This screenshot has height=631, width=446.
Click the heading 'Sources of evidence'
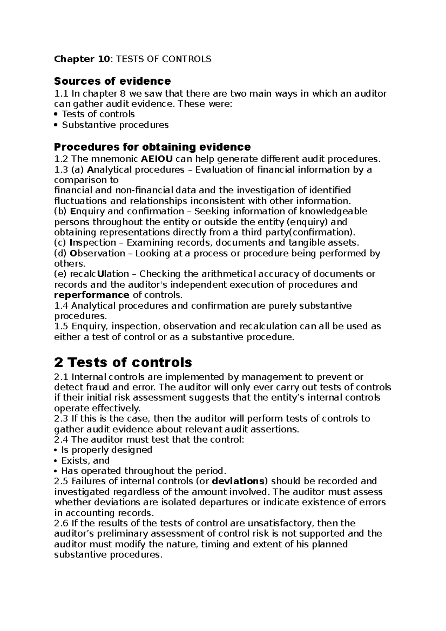tap(112, 81)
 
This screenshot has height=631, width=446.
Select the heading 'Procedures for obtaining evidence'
tap(152, 147)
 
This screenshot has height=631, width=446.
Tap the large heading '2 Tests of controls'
tap(123, 362)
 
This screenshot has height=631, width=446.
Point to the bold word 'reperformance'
tap(91, 295)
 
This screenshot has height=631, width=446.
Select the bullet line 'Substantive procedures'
tap(115, 125)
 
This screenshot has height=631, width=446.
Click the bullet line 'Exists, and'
tap(85, 460)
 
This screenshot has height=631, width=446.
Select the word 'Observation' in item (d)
tap(97, 253)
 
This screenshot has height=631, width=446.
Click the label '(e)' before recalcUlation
tap(61, 274)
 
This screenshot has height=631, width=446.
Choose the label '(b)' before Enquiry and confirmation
tap(61, 211)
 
